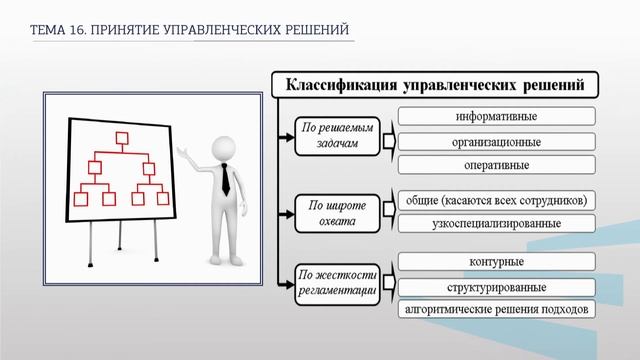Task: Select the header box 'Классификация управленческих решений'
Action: click(435, 84)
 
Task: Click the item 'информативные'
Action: click(497, 116)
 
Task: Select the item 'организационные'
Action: click(497, 141)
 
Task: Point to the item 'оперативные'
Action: click(497, 165)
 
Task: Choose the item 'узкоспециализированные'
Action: click(497, 222)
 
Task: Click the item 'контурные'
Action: click(497, 262)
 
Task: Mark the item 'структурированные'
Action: click(497, 287)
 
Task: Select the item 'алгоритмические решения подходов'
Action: click(497, 310)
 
